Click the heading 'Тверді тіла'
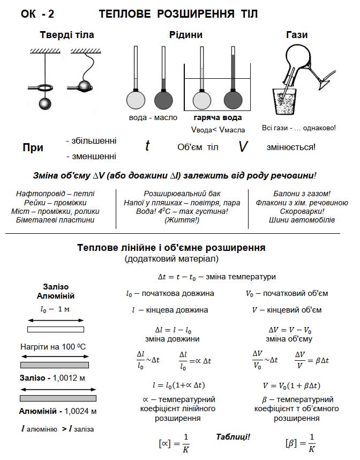click(67, 35)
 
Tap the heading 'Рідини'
click(186, 35)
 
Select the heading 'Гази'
click(297, 35)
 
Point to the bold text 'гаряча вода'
click(217, 117)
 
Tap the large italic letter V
click(243, 146)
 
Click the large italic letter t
click(147, 145)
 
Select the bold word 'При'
click(33, 148)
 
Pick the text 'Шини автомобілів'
click(302, 220)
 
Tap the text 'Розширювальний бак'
click(182, 193)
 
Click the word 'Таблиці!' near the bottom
click(233, 436)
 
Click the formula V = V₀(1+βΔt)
click(291, 385)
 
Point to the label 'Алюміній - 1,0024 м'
click(58, 412)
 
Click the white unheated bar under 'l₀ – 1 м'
click(56, 329)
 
